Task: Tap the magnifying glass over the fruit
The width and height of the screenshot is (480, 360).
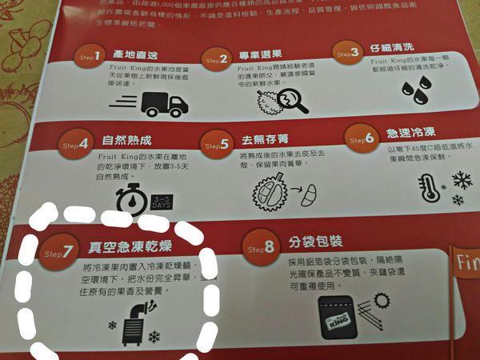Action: tap(294, 98)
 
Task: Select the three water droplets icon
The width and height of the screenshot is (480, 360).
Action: tap(414, 89)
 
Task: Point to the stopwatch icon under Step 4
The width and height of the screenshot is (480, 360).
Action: tap(130, 200)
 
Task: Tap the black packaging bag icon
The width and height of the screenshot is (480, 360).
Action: tap(339, 315)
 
